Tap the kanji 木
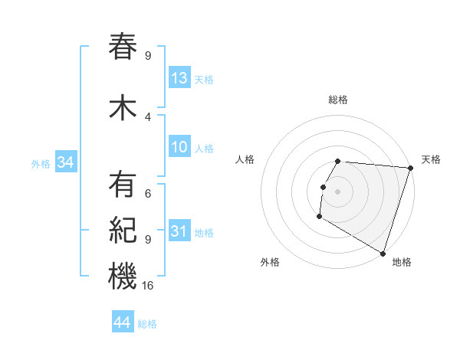click(123, 108)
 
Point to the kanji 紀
click(123, 231)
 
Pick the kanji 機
click(123, 276)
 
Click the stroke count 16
click(149, 286)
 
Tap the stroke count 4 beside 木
click(148, 117)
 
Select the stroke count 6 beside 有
click(148, 193)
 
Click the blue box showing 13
click(179, 77)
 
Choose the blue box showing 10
click(179, 147)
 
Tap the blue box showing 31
click(179, 231)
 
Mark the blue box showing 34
click(65, 162)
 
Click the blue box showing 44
click(122, 322)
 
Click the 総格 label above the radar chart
click(338, 100)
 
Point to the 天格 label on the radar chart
click(431, 159)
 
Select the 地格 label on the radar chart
click(402, 262)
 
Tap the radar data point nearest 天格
click(410, 168)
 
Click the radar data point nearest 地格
click(382, 252)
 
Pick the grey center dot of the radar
click(337, 191)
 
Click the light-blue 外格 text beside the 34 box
click(41, 163)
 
